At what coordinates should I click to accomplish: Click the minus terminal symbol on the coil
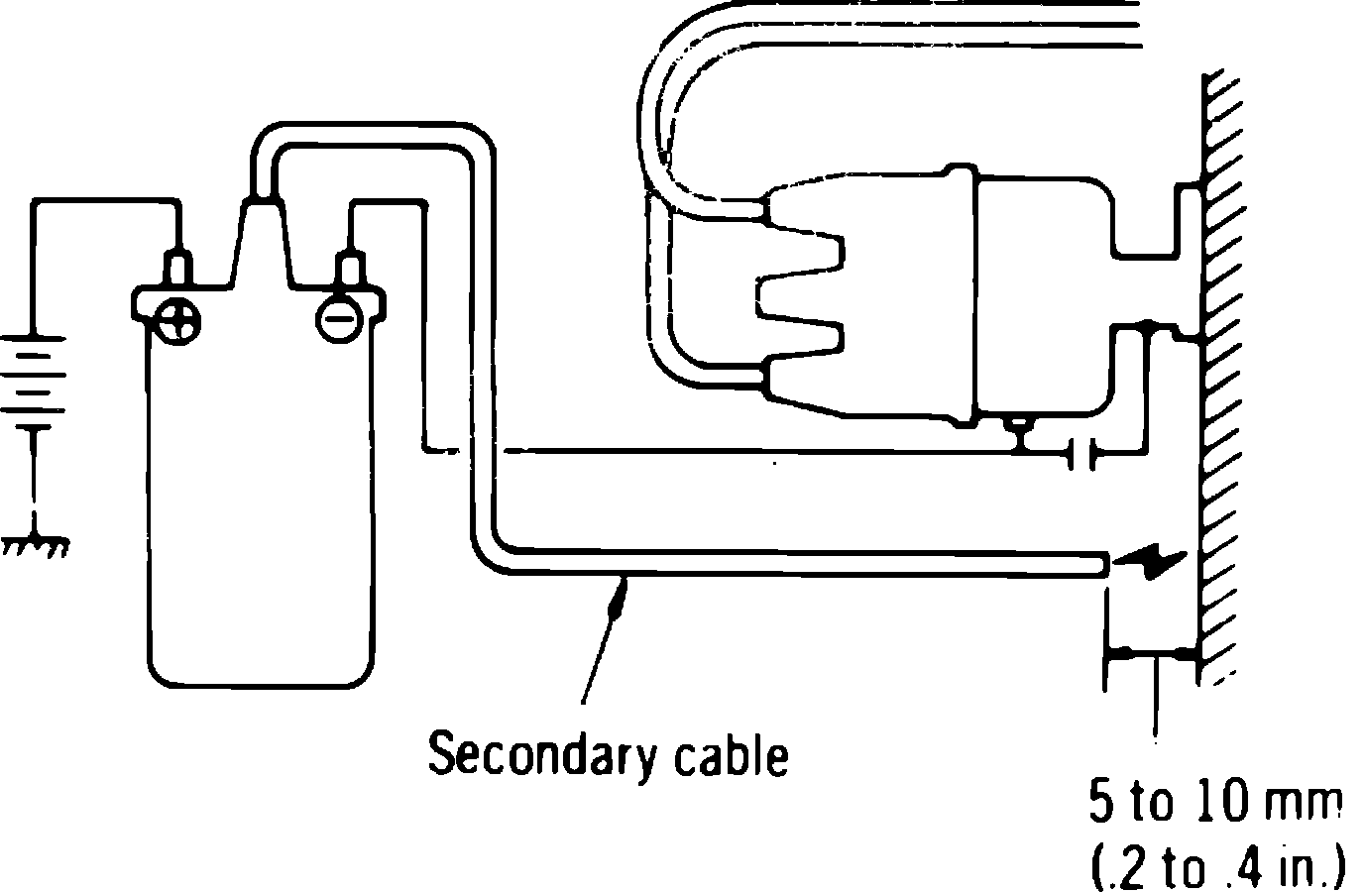tap(337, 319)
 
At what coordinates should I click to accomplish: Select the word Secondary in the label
tap(540, 756)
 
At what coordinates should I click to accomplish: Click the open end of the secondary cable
tap(1102, 563)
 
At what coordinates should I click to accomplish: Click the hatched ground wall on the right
tap(1219, 396)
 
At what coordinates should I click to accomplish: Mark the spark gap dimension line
tap(1152, 654)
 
